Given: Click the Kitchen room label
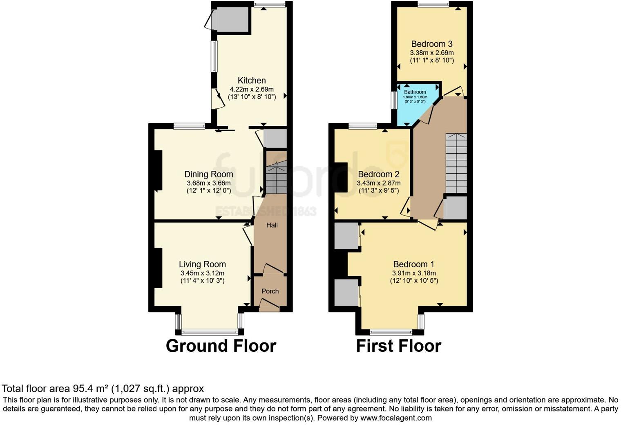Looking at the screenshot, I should (x=252, y=81).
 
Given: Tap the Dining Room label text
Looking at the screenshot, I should (x=208, y=174).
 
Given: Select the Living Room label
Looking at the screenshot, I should (x=202, y=264).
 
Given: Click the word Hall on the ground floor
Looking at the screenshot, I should (x=272, y=225).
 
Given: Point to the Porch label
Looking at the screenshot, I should (x=270, y=291).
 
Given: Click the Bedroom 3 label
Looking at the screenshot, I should (x=432, y=44).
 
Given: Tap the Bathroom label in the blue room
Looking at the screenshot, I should (x=415, y=92).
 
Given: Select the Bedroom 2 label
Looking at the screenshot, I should (x=379, y=174).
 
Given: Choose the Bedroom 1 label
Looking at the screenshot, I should (x=414, y=264).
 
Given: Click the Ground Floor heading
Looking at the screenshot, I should (x=221, y=346).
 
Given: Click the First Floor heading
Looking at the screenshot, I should (x=398, y=346).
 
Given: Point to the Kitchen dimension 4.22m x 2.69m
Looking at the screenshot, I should (x=252, y=89).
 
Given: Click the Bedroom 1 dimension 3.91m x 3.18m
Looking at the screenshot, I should (x=414, y=273).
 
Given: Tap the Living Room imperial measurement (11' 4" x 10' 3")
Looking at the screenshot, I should (x=202, y=281).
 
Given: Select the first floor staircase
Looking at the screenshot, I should (x=456, y=163).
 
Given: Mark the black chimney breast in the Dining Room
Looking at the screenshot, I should (x=158, y=170).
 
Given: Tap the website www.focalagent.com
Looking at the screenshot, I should (x=396, y=418).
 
